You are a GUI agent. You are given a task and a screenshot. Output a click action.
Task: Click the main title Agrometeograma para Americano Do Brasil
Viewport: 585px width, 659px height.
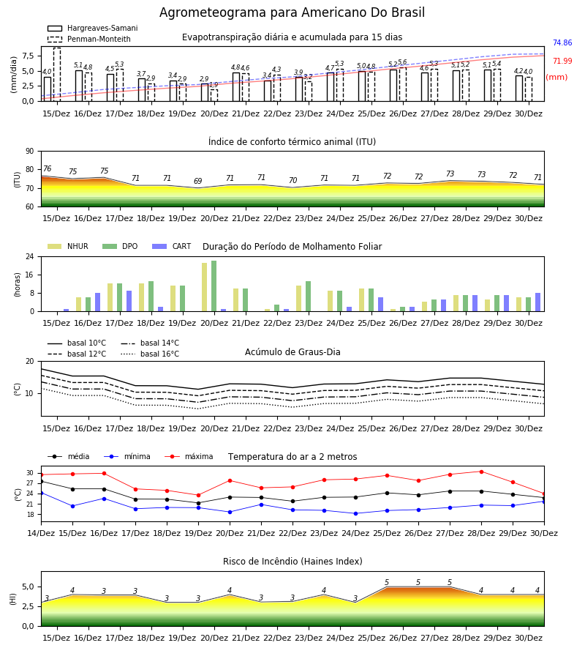coord(292,12)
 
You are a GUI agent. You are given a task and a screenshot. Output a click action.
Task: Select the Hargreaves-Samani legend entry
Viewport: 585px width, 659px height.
coord(92,28)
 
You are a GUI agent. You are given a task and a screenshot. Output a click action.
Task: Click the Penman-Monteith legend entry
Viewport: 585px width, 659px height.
coord(89,39)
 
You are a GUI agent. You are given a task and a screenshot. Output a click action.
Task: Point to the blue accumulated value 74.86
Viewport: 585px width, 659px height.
coord(562,42)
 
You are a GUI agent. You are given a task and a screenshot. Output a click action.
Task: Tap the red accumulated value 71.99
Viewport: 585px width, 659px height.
coord(562,61)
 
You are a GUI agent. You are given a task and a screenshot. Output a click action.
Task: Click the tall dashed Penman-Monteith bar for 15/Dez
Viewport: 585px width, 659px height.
coord(57,75)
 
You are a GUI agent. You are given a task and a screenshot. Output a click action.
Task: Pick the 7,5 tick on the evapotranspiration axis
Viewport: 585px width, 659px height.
coord(29,56)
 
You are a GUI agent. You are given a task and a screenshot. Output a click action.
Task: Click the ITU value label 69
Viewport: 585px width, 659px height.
coord(198,181)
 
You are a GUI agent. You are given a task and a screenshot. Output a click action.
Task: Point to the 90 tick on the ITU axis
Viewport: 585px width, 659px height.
coord(29,152)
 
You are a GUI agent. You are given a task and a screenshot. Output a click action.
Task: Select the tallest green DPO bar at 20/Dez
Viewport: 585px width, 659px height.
coord(214,286)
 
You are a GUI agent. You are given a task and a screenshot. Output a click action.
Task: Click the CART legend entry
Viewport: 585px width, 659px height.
coord(171,246)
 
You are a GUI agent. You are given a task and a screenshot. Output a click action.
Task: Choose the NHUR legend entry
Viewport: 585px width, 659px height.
coord(68,246)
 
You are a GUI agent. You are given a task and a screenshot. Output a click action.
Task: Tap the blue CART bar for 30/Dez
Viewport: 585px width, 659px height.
coord(538,302)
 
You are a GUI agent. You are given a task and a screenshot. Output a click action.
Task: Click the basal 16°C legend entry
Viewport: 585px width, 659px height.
coord(150,354)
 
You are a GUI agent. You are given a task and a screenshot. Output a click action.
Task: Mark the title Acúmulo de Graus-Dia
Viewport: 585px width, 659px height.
coord(292,352)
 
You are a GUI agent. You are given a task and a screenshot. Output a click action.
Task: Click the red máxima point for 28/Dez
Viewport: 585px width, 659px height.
coord(481,472)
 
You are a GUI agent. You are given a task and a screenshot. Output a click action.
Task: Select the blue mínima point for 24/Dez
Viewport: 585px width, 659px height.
coord(356,513)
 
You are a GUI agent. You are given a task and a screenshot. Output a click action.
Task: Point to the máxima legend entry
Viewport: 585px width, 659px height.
coord(189,456)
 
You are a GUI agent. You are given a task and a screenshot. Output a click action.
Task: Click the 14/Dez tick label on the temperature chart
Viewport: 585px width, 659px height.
coord(41,533)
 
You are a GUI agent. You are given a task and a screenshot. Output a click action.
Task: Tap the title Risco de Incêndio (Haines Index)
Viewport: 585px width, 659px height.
coord(292,562)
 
